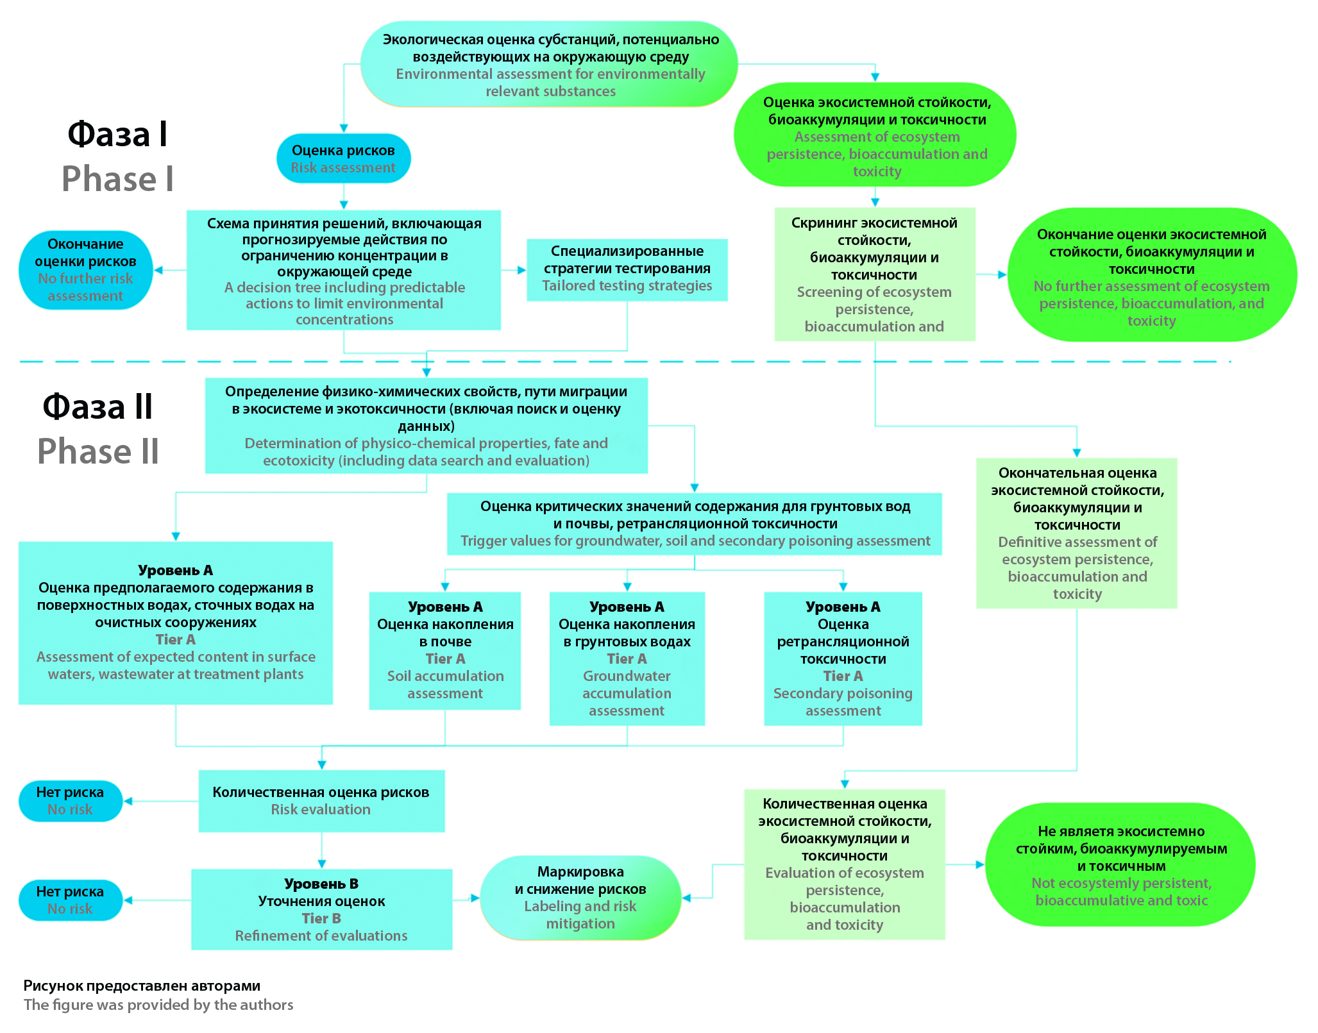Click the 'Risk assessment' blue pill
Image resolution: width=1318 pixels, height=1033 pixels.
pyautogui.click(x=343, y=158)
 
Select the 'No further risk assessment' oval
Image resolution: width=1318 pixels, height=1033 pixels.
pyautogui.click(x=85, y=270)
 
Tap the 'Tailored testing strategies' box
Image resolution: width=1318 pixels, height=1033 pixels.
pyautogui.click(x=627, y=270)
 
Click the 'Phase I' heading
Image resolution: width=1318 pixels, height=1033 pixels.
pyautogui.click(x=117, y=178)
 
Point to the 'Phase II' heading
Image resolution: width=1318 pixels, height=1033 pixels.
pyautogui.click(x=98, y=451)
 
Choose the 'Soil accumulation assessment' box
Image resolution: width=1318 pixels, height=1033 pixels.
pyautogui.click(x=445, y=650)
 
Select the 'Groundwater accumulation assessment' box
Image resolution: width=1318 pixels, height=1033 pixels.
pyautogui.click(x=627, y=659)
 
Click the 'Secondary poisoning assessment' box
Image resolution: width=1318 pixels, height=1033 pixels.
pyautogui.click(x=843, y=659)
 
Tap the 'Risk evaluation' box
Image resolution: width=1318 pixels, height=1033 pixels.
pyautogui.click(x=321, y=801)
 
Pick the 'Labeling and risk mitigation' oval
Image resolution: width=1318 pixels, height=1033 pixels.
pyautogui.click(x=580, y=898)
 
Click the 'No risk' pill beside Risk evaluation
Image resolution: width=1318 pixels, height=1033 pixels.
pyautogui.click(x=71, y=801)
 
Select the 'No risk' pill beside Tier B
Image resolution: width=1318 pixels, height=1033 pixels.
pyautogui.click(x=71, y=900)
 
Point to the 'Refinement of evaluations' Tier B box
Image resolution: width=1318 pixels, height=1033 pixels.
pyautogui.click(x=321, y=909)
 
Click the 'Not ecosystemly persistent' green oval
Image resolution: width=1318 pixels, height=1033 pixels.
pyautogui.click(x=1120, y=864)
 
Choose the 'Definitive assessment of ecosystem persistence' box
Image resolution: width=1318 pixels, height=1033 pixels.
pyautogui.click(x=1077, y=533)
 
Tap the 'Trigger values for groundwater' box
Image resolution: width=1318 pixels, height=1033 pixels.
pyautogui.click(x=695, y=524)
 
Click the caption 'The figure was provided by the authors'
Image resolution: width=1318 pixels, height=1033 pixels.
pyautogui.click(x=158, y=1005)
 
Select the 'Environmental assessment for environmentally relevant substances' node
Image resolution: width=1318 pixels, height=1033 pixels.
pyautogui.click(x=550, y=64)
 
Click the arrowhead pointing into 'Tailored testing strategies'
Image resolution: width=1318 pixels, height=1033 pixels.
pyautogui.click(x=522, y=270)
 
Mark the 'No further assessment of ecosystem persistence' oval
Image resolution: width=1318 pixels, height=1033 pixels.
pyautogui.click(x=1152, y=274)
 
